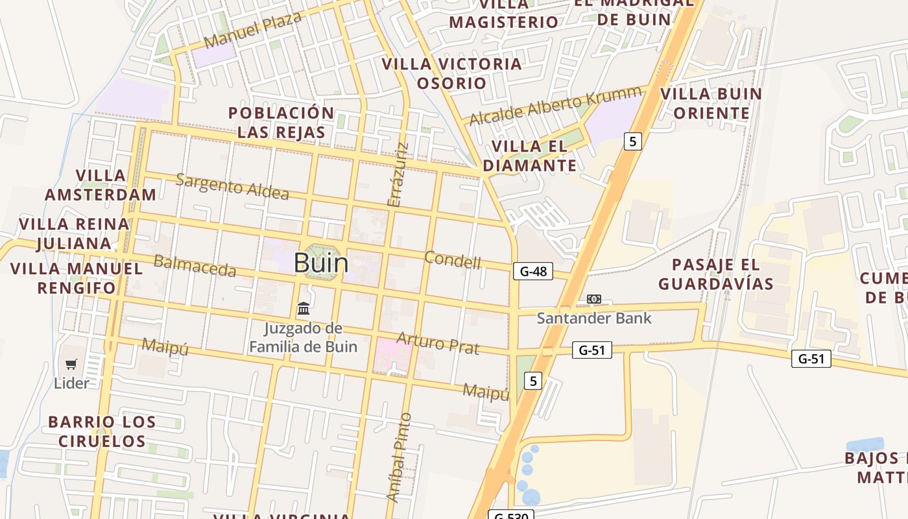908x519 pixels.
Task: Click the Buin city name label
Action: tap(321, 263)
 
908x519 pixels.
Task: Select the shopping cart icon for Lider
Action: tap(71, 365)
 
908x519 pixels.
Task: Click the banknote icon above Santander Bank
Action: tap(593, 299)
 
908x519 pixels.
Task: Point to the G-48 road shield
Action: tap(533, 271)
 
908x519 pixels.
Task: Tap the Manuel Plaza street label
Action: tap(252, 30)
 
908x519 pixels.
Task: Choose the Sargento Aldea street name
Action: tap(232, 186)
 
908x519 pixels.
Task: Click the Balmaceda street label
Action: tap(195, 265)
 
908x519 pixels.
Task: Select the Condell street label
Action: tap(453, 259)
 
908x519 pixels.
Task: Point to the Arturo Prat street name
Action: tap(438, 343)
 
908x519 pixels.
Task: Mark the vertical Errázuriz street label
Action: tap(398, 175)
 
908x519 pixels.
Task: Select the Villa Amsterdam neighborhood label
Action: tap(101, 185)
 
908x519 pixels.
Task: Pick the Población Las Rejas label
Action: tap(281, 122)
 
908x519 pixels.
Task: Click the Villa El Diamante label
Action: tap(529, 156)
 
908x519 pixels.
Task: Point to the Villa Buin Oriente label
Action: tap(711, 103)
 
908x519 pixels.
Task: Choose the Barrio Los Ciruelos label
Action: tap(102, 431)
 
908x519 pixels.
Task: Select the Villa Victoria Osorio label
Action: tap(451, 73)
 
